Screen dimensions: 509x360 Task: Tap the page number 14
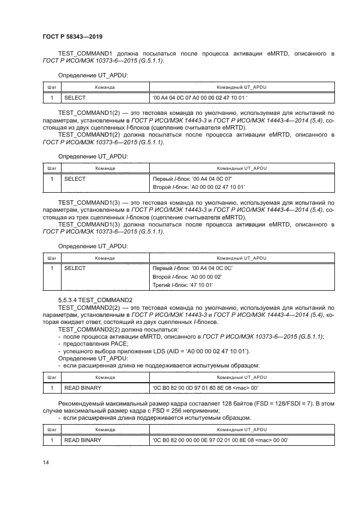point(45,463)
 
